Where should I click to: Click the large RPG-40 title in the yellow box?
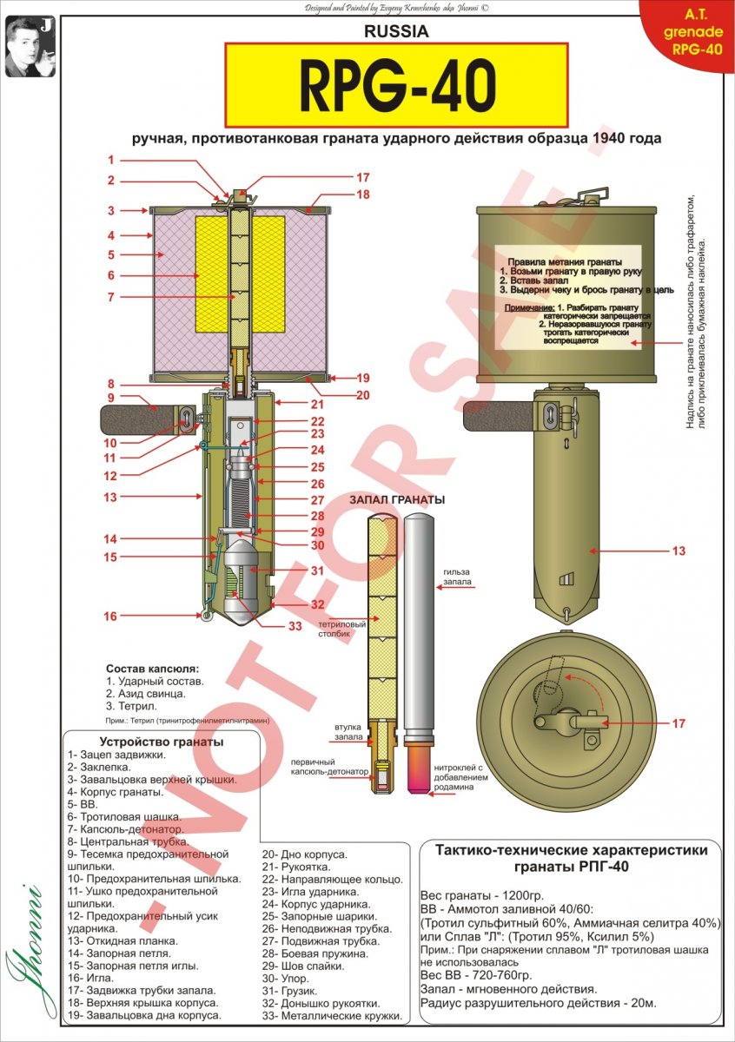[x=397, y=85]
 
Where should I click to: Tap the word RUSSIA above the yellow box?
[x=397, y=32]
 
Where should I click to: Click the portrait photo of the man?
[x=30, y=46]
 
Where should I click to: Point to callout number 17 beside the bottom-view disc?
[x=679, y=722]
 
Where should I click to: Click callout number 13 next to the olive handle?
[x=679, y=551]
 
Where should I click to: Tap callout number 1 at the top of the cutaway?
[x=111, y=160]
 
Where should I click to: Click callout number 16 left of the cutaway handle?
[x=111, y=616]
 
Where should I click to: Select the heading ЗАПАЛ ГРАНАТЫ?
[x=396, y=500]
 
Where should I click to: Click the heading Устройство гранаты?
[x=161, y=742]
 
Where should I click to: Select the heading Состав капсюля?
[x=152, y=669]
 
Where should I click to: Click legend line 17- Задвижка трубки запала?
[x=141, y=990]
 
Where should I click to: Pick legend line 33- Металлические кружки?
[x=332, y=1015]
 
